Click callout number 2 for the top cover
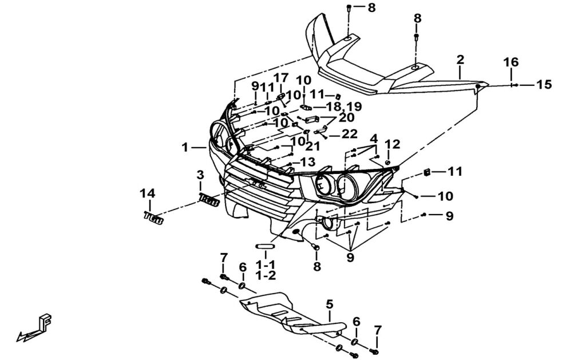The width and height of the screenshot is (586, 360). pos(460,60)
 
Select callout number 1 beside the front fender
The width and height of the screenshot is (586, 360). pos(185,148)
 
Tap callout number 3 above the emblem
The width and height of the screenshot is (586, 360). pos(200,174)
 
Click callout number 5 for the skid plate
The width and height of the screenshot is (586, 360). pos(330,303)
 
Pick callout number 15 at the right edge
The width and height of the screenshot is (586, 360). pos(544,85)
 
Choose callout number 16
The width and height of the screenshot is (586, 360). pos(511,62)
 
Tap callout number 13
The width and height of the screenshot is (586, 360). pos(307,162)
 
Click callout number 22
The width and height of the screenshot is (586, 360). pos(350,134)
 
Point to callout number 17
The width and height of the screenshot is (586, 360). pos(280,78)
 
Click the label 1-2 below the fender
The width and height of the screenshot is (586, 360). pos(266,276)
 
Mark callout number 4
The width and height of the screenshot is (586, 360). pos(374,139)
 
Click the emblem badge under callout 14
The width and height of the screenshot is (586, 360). pos(154,217)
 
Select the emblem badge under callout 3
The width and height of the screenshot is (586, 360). pos(209,200)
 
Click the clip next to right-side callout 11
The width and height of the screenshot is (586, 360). pos(426,172)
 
